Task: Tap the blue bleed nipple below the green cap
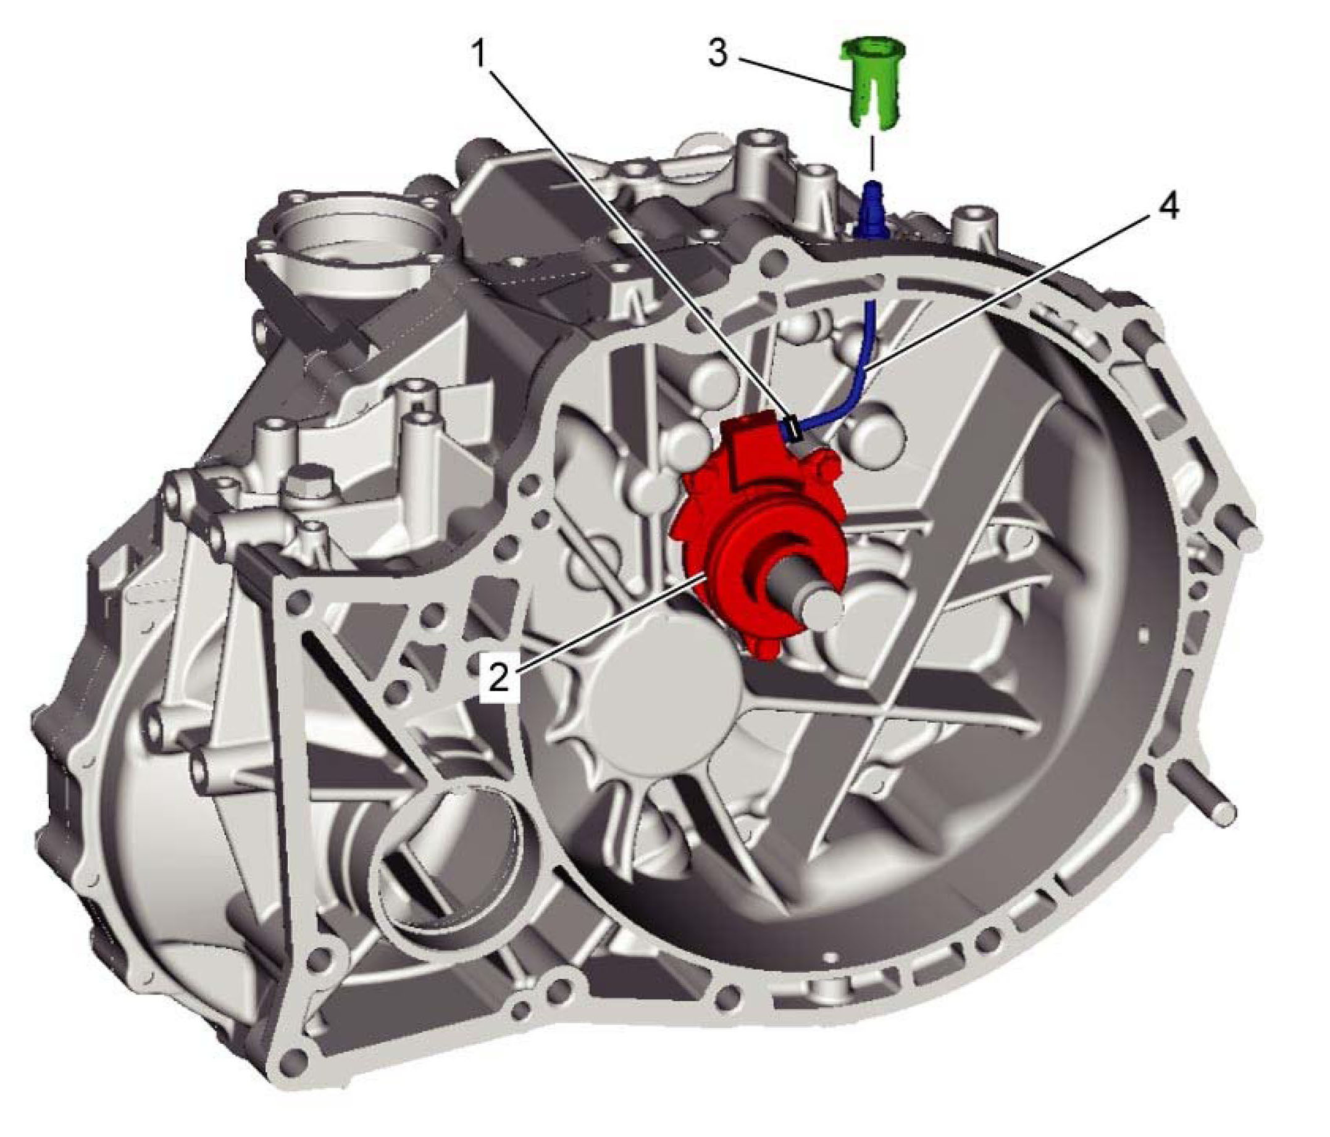click(871, 209)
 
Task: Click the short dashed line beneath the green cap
click(871, 152)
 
